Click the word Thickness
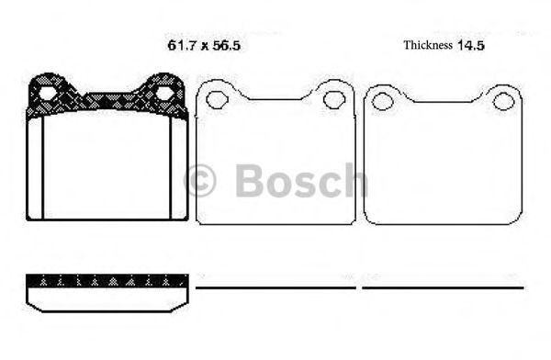pos(428,44)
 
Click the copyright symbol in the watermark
pos(200,180)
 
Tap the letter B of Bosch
pos(250,180)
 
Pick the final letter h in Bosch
pos(353,180)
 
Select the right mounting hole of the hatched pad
pos(164,92)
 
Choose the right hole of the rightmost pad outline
pos(501,98)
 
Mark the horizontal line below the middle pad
pos(276,287)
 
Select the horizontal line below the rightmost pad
pos(443,287)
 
